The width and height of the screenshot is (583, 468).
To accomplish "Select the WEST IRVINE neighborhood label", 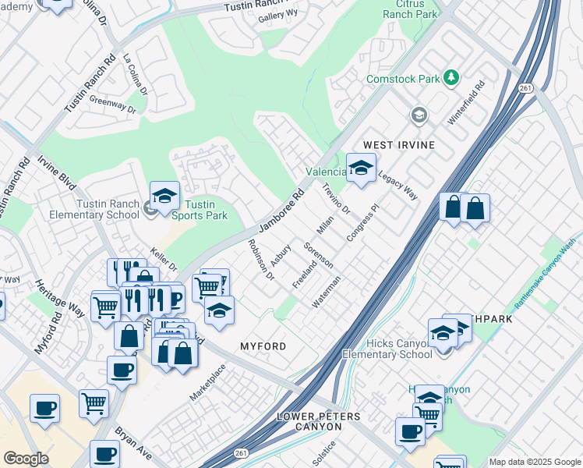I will coord(398,146).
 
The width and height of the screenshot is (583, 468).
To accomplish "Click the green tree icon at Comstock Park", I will coord(450,77).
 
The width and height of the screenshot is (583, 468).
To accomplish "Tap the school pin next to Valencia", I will coord(361,168).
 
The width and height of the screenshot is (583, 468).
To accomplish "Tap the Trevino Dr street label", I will coord(336,199).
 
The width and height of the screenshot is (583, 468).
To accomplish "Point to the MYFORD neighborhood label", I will coord(263,346).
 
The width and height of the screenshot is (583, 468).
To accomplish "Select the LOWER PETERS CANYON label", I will coord(320,422).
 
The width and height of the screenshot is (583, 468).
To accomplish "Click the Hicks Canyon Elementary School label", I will coord(386,349).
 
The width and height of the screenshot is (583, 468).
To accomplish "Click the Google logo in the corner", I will coord(26,459).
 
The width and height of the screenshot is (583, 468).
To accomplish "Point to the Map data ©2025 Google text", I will coord(534,462).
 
